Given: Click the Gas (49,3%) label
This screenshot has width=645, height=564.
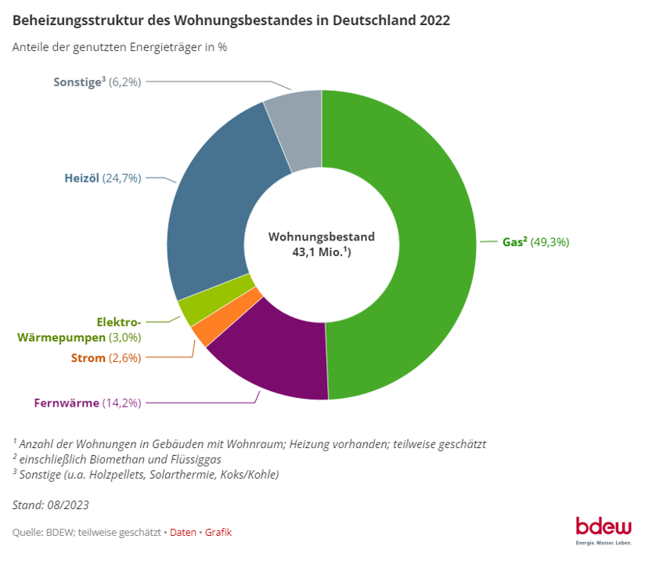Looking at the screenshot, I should (x=535, y=242).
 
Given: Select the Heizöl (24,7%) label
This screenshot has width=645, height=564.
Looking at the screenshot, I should (x=103, y=178).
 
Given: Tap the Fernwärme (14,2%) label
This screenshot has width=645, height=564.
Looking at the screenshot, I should (x=87, y=403).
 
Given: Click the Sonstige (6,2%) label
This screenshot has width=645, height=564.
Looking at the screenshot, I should (x=97, y=81).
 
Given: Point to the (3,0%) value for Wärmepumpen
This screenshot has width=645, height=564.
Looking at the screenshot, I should (x=125, y=338).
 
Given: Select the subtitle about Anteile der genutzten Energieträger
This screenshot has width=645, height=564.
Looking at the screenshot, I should (x=120, y=47).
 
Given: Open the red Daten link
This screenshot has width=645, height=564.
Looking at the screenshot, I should (x=183, y=533).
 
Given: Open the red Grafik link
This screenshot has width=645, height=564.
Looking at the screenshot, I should (x=218, y=533).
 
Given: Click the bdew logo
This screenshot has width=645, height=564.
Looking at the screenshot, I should (x=603, y=527).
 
